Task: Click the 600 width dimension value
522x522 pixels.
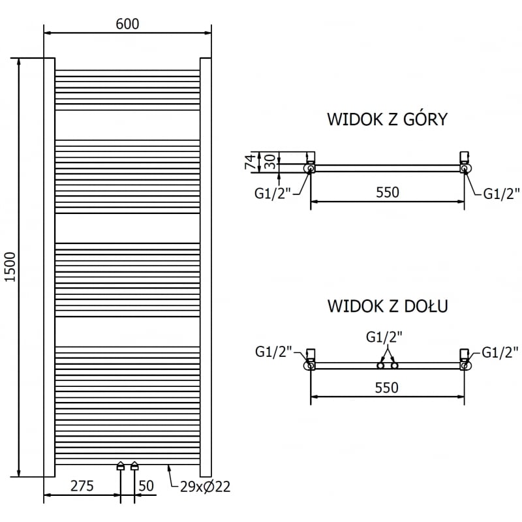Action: coord(127,23)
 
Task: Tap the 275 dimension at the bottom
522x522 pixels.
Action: coord(82,485)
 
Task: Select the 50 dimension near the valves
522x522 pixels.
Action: coord(146,485)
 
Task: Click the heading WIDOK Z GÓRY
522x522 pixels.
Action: coord(387,119)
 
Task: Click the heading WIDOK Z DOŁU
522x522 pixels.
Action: coord(387,305)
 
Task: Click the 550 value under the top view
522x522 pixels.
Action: coord(386,192)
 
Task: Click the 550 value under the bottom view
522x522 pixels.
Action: coord(386,388)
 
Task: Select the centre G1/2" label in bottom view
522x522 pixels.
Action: coord(384,337)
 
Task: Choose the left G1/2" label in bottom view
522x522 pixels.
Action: coord(273,352)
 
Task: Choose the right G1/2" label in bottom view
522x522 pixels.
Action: coord(500,352)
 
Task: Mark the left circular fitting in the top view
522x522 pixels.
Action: coord(310,168)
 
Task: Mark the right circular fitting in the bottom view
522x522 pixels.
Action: coord(465,366)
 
